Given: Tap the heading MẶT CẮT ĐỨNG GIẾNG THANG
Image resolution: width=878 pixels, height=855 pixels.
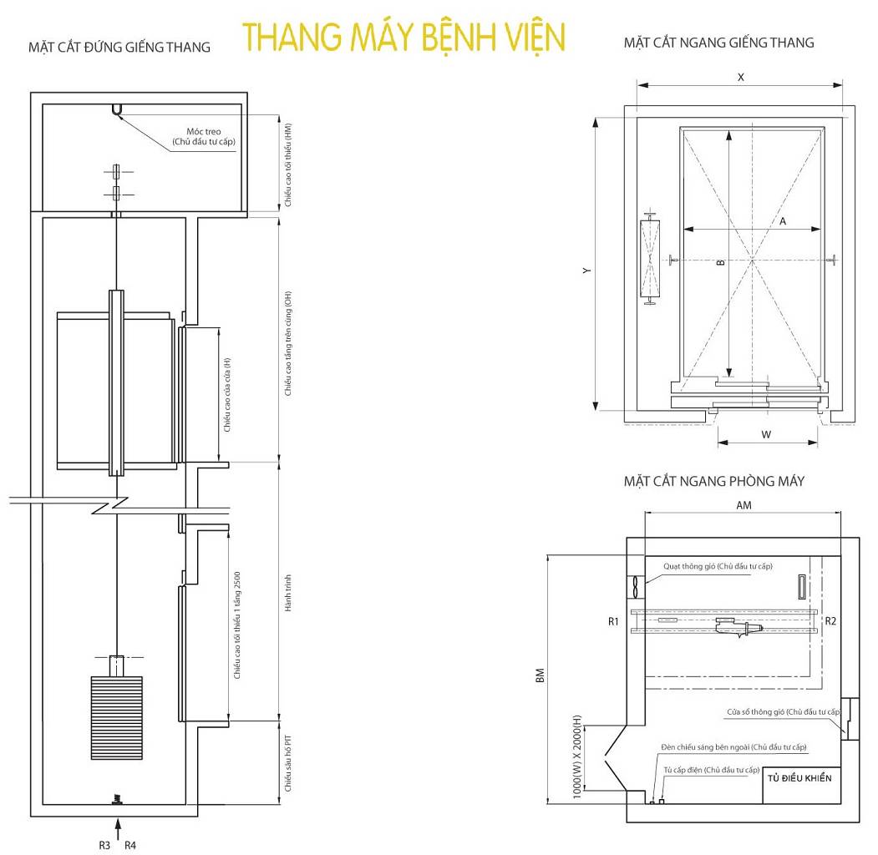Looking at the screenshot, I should coord(119,48).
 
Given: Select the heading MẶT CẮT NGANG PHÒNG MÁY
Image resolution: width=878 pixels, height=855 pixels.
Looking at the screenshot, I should coord(713,481).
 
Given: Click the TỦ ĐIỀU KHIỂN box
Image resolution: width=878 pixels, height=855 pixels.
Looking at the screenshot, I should coord(799,778).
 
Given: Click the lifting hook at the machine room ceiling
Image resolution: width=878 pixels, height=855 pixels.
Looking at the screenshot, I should coord(115,109).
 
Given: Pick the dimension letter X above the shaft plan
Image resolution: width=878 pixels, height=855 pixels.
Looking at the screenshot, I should coord(740,77).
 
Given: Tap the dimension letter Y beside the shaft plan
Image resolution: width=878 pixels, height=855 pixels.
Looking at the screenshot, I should coord(588,271).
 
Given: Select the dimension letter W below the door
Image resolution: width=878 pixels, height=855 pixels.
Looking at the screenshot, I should coord(765,434).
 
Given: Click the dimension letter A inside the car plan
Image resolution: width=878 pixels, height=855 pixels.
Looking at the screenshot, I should coord(783,222).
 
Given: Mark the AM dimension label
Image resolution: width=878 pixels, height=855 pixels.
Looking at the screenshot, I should coord(744,506).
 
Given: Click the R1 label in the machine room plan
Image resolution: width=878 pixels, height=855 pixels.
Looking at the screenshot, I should coord(613,621).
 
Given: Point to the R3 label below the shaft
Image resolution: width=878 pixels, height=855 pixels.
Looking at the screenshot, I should coord(104,845).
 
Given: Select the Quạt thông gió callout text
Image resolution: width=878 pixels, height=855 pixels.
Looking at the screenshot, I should coord(718,566).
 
